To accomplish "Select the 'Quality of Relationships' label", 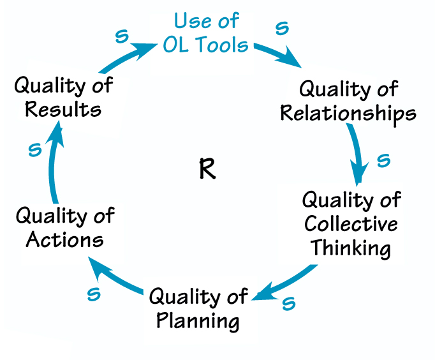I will pyautogui.click(x=348, y=101).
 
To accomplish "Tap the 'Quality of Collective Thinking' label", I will pyautogui.click(x=351, y=223).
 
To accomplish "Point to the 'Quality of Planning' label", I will pyautogui.click(x=198, y=308).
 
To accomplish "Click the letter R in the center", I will pyautogui.click(x=207, y=170).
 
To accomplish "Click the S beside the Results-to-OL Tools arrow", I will pyautogui.click(x=121, y=35).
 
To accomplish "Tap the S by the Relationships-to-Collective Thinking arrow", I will pyautogui.click(x=383, y=160).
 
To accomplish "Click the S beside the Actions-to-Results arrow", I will pyautogui.click(x=35, y=150).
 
